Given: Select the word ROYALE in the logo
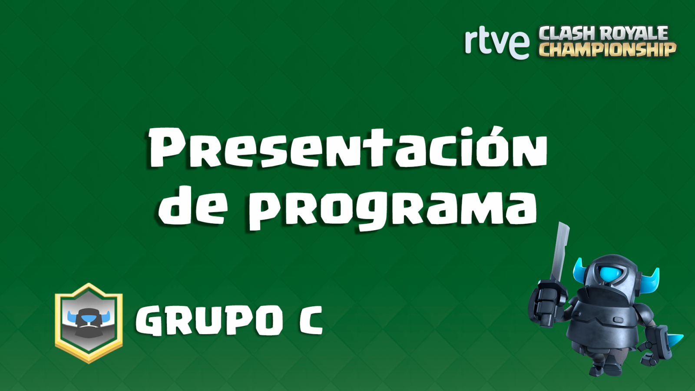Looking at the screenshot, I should point(635,33).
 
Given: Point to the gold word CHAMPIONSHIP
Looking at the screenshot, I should point(607,50).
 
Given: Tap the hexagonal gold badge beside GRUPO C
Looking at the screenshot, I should point(89,323).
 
